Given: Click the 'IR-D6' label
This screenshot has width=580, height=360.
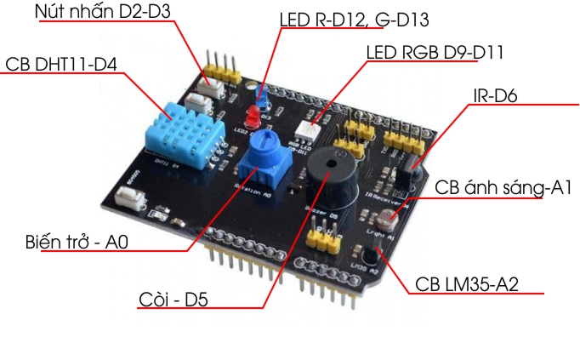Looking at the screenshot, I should point(495,95).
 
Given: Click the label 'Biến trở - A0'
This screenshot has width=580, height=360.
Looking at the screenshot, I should point(77,243).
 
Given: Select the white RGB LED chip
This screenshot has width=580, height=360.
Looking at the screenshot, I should point(307,130).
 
